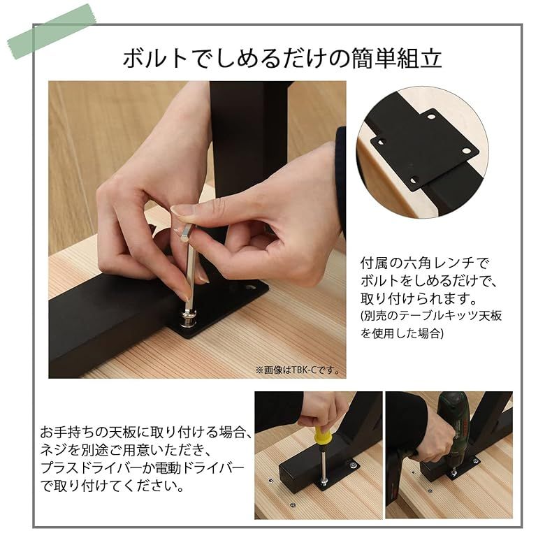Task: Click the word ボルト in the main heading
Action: point(155,58)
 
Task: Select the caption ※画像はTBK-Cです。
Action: point(296,370)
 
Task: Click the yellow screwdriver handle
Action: point(322,437)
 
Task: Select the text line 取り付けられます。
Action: point(419,298)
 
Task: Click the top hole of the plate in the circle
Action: point(431,117)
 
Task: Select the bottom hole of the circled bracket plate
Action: point(414,181)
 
